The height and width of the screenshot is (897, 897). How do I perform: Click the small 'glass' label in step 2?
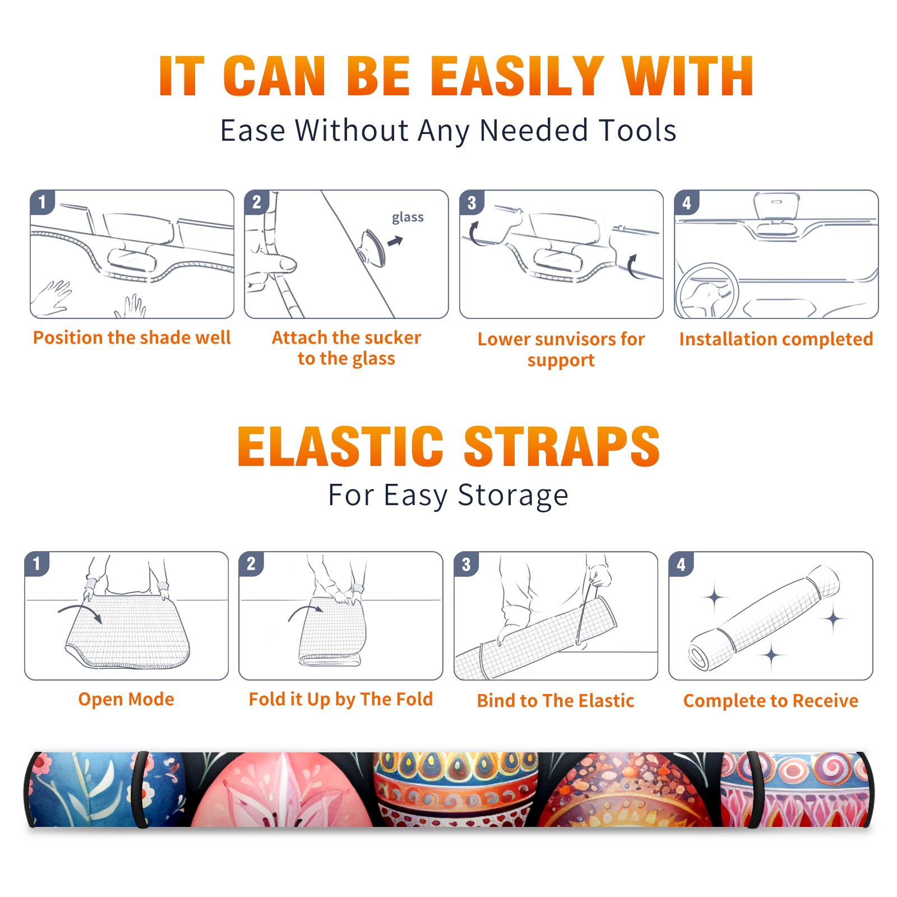pos(408,218)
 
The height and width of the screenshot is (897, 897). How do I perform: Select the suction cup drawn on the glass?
pos(372,247)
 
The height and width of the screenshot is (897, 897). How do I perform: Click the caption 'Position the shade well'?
pos(132,337)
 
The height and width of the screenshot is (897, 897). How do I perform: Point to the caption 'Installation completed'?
pos(776,339)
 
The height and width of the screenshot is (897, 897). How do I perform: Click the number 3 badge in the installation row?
pos(471,202)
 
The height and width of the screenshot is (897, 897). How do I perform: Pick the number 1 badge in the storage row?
pos(37,563)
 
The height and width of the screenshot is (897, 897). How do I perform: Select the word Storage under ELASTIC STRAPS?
pos(513,496)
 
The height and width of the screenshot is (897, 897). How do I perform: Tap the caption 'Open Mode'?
pos(126,699)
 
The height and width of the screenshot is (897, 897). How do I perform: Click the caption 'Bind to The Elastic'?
pos(556,701)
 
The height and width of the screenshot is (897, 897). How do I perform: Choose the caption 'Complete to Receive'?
pos(771,701)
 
